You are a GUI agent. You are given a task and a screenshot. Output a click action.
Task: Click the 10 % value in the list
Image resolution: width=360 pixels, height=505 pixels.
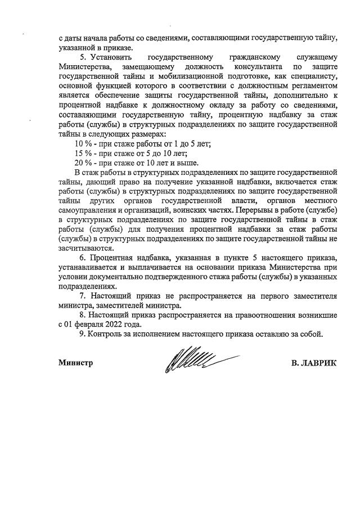click(75, 143)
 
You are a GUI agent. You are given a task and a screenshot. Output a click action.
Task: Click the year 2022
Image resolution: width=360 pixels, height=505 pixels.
click(111, 324)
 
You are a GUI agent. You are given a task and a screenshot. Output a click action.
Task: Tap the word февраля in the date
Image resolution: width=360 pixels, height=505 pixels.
click(87, 324)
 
